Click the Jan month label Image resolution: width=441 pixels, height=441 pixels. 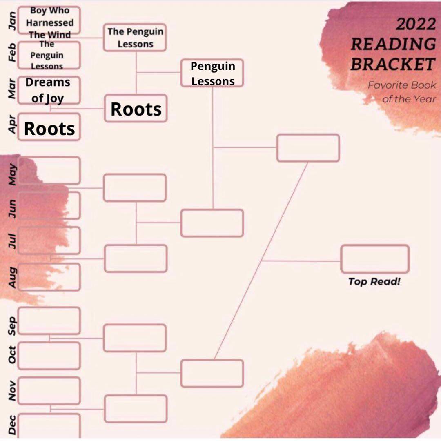pos(12,21)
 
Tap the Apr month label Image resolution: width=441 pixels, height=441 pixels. pos(12,124)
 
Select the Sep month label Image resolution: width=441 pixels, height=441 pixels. pos(12,326)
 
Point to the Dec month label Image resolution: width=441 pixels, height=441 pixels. pos(12,425)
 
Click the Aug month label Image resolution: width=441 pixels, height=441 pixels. pos(12,277)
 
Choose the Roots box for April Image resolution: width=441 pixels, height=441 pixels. pos(49,127)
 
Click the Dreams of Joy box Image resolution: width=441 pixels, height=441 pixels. pos(49,90)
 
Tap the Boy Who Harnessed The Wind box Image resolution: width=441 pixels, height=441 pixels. pos(49,20)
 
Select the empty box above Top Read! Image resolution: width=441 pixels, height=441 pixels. pos(375,259)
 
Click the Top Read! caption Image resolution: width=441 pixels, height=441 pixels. pos(374,281)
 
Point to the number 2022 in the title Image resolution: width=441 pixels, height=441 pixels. pos(416,24)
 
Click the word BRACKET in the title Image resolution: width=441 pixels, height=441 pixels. pos(393,65)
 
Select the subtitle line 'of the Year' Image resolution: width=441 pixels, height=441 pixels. pos(409,99)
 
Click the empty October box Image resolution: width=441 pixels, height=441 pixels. pos(49,356)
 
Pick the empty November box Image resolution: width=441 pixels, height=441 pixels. pos(49,391)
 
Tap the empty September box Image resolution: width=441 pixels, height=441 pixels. pos(49,321)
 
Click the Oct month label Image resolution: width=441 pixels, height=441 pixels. pos(12,355)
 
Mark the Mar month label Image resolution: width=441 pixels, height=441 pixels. pos(12,89)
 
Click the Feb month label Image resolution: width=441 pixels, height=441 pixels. pos(12,53)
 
